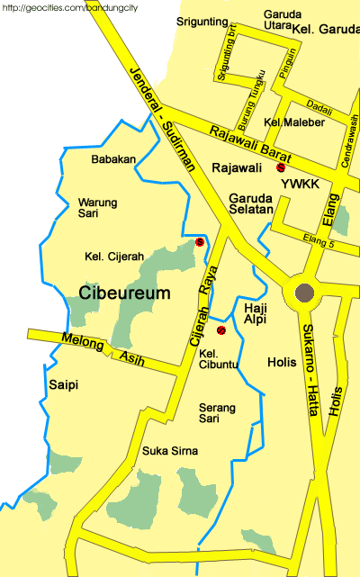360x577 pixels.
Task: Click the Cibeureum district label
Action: pos(124,293)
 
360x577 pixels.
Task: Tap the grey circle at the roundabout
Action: pos(304,293)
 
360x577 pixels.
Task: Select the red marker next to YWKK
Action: pos(281,167)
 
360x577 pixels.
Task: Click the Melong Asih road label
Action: pos(101,348)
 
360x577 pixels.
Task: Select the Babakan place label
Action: pos(113,159)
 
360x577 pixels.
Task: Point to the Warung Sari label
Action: pos(98,209)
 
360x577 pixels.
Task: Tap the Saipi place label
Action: pos(63,385)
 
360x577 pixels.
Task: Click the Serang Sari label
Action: pos(217,413)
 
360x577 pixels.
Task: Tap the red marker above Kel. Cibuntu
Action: pos(220,330)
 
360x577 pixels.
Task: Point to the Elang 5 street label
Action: pos(319,239)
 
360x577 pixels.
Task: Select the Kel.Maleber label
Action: pos(287,122)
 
